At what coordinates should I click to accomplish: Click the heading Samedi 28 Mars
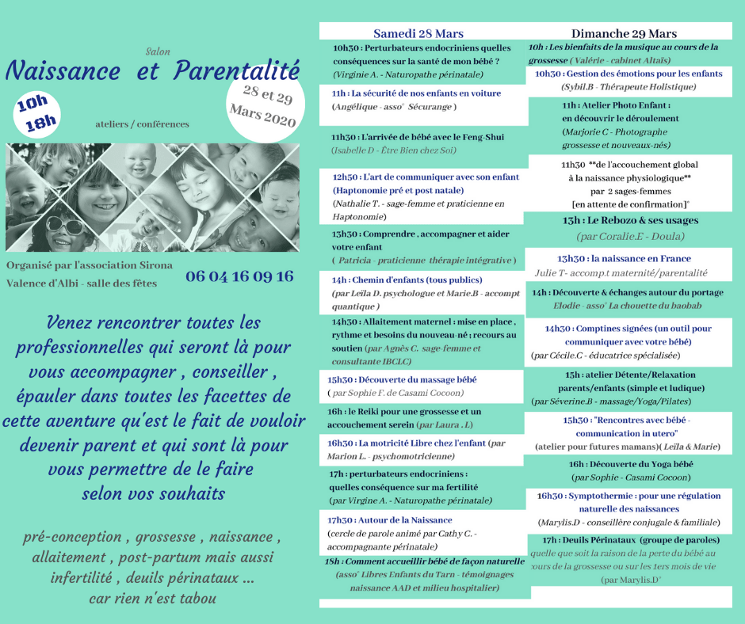tap(418, 33)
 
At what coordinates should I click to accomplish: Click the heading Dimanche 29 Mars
tap(624, 33)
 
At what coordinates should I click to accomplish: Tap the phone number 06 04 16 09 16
tap(239, 276)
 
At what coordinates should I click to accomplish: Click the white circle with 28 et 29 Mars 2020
tap(262, 107)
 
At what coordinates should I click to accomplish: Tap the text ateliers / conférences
tap(142, 124)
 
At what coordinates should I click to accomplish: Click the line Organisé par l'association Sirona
tap(89, 265)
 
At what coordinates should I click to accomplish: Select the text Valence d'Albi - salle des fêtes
tap(82, 283)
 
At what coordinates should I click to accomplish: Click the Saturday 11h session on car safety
tap(416, 93)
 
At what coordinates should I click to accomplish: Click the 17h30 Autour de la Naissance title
tap(389, 519)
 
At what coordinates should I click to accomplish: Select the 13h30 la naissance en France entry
tap(624, 258)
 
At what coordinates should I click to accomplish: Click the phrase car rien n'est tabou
tap(152, 598)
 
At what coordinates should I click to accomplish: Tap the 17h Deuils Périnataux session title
tap(624, 539)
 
